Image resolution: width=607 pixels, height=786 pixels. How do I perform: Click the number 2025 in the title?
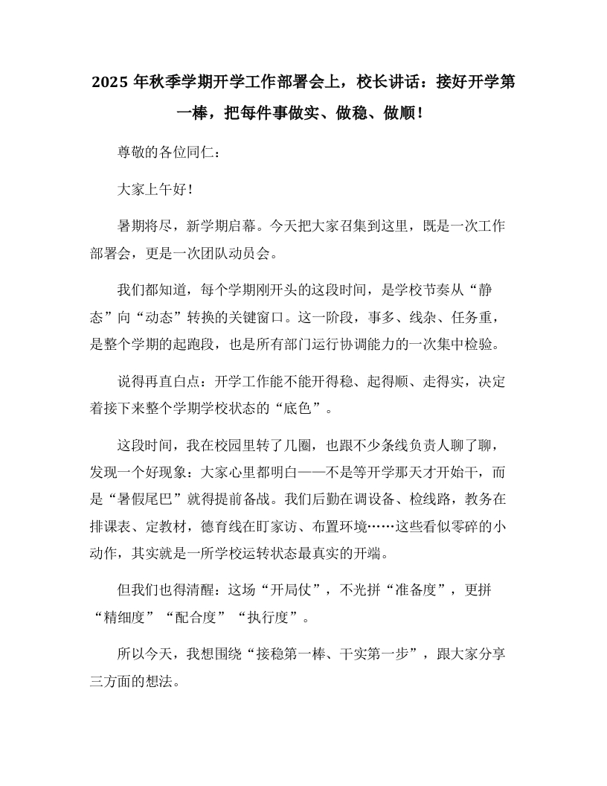click(x=109, y=82)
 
